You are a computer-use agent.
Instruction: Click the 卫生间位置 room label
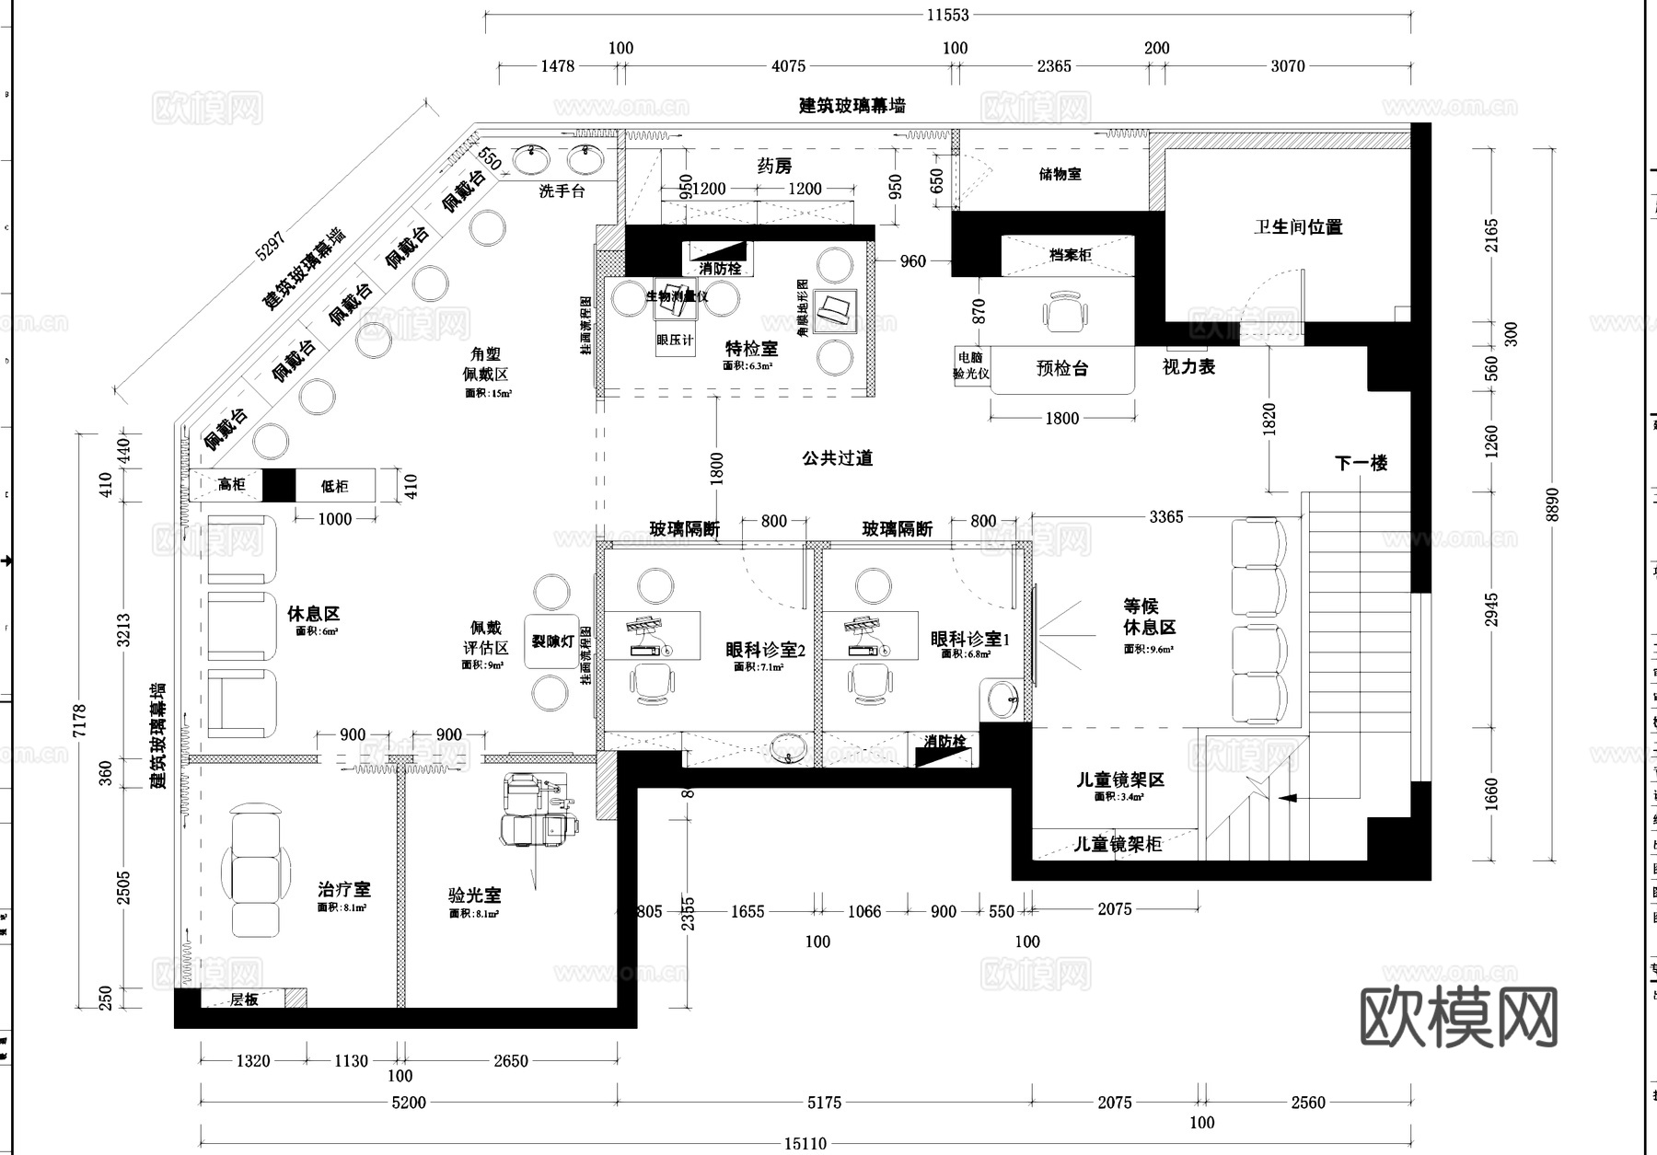point(1297,226)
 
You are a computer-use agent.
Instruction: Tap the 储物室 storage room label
point(1060,174)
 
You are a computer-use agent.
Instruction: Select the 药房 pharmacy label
point(774,166)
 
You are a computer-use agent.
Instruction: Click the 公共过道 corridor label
point(837,457)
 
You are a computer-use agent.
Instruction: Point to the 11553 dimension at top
point(947,15)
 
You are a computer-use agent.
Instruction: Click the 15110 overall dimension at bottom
point(805,1143)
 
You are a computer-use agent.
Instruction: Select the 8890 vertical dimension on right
point(1553,504)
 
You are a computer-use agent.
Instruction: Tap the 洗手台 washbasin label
point(562,191)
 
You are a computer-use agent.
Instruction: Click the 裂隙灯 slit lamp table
point(552,641)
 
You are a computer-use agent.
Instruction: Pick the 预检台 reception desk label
point(1061,369)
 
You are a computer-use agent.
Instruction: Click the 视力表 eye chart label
point(1188,366)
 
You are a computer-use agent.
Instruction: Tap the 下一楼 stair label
point(1361,463)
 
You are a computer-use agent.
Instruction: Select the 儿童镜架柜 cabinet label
point(1118,844)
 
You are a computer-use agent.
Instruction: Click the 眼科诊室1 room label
point(969,639)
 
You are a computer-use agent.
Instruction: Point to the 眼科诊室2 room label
point(765,650)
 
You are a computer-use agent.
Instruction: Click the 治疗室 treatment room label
point(343,889)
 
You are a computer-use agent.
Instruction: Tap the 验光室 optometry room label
point(474,895)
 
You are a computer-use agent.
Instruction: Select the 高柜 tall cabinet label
point(231,485)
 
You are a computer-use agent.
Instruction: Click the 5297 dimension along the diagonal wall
point(271,244)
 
